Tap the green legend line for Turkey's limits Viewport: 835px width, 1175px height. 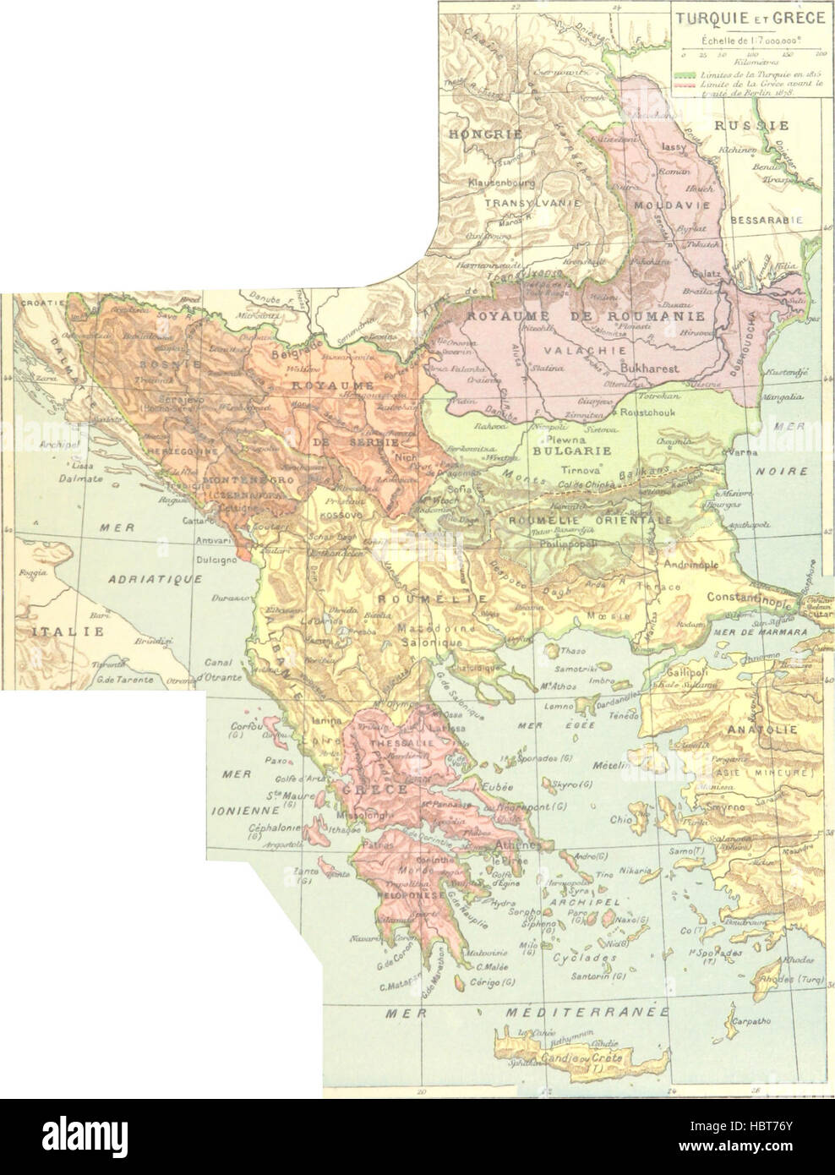point(685,74)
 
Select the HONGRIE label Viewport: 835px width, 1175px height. point(499,134)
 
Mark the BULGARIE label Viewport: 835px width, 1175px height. point(559,451)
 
